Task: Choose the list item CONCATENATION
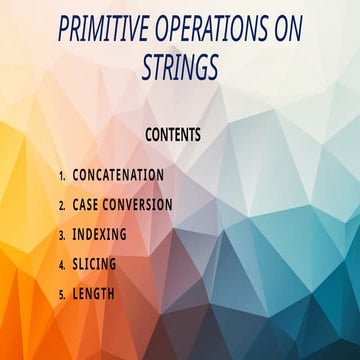click(x=118, y=174)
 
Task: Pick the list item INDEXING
click(x=99, y=234)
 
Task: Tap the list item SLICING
click(x=94, y=264)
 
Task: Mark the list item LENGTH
click(x=93, y=294)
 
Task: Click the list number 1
click(x=61, y=175)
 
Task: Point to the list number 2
click(x=61, y=205)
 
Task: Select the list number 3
click(x=61, y=235)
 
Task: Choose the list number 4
click(x=61, y=265)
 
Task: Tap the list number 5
click(x=61, y=295)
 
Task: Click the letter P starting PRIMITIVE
click(x=64, y=31)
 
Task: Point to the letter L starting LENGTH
click(x=76, y=294)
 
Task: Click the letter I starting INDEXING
click(x=74, y=234)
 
